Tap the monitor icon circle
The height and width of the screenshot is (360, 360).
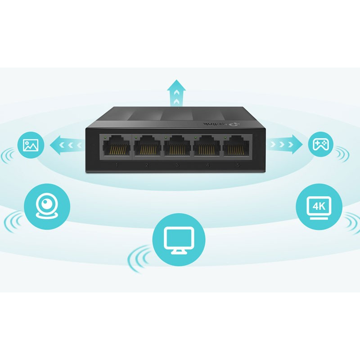coord(179,239)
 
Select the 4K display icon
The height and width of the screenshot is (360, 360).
coord(319,207)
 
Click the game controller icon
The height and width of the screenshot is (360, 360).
coord(321,144)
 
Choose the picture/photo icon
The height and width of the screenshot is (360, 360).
coord(31,145)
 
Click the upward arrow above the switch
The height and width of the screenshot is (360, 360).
coord(176,92)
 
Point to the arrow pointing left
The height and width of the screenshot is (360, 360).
coord(66,145)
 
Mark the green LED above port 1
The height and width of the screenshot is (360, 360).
coord(105,136)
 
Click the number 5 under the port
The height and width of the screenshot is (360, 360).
coord(238,166)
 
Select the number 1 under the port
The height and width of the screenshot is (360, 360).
coord(117,166)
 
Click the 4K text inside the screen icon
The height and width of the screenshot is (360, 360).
coord(319,206)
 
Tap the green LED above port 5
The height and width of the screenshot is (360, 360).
coord(225,136)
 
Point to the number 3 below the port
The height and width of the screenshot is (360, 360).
coord(178,166)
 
